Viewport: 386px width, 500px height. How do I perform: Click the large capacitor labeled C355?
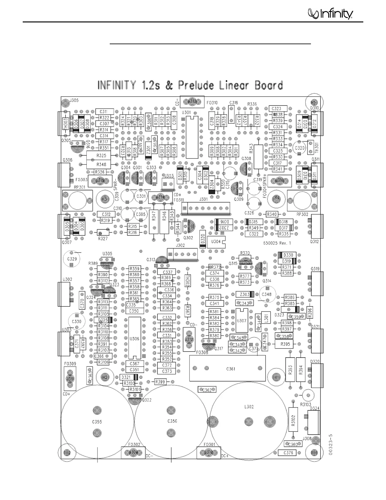97,421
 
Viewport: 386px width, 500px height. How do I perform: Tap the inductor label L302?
249,407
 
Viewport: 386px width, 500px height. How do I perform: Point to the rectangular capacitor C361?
231,369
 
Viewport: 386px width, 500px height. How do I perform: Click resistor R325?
101,156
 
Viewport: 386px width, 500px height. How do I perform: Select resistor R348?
101,164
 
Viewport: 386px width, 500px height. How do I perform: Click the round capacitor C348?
267,295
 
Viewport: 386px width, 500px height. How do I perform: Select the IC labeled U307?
242,321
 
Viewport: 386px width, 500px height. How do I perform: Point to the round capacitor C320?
299,148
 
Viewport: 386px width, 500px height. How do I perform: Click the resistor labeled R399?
161,382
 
